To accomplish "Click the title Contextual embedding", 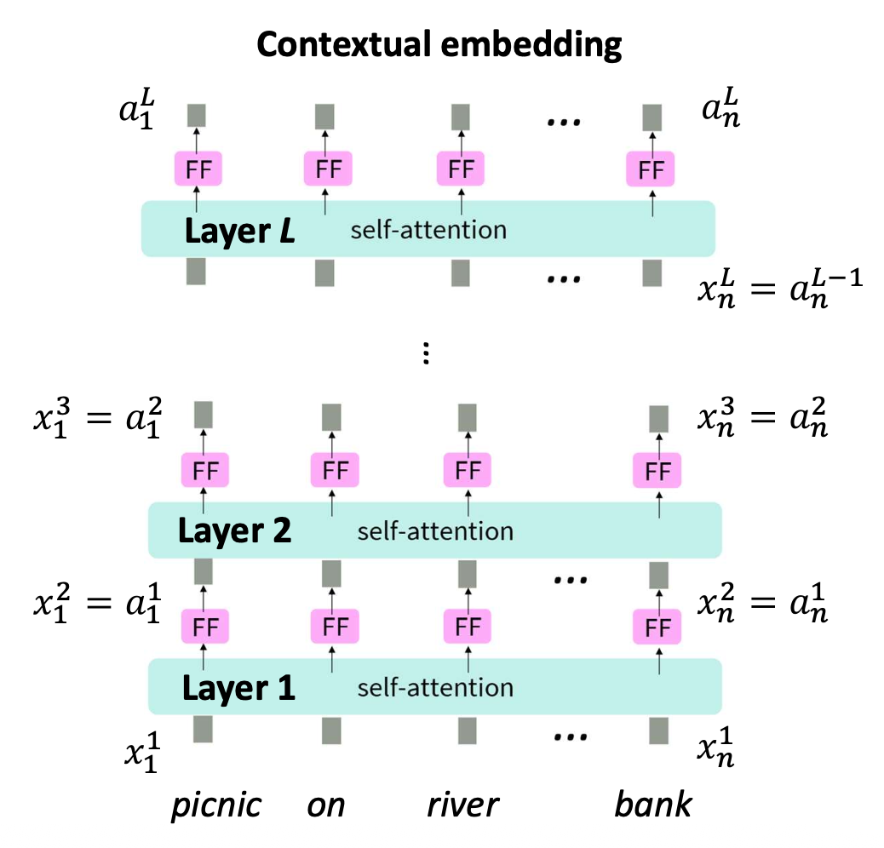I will pos(439,45).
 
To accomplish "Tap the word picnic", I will pos(215,804).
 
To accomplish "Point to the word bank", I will pos(653,804).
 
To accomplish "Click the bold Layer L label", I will pos(239,230).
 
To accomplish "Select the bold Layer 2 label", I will pos(234,530).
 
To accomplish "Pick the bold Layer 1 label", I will pos(238,688).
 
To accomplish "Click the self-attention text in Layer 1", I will pos(435,688).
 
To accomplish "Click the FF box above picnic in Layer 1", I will pos(204,628).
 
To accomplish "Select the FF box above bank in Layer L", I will pos(651,169).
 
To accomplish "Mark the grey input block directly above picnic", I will pos(203,730).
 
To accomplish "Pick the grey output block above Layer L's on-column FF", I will pos(324,116).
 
